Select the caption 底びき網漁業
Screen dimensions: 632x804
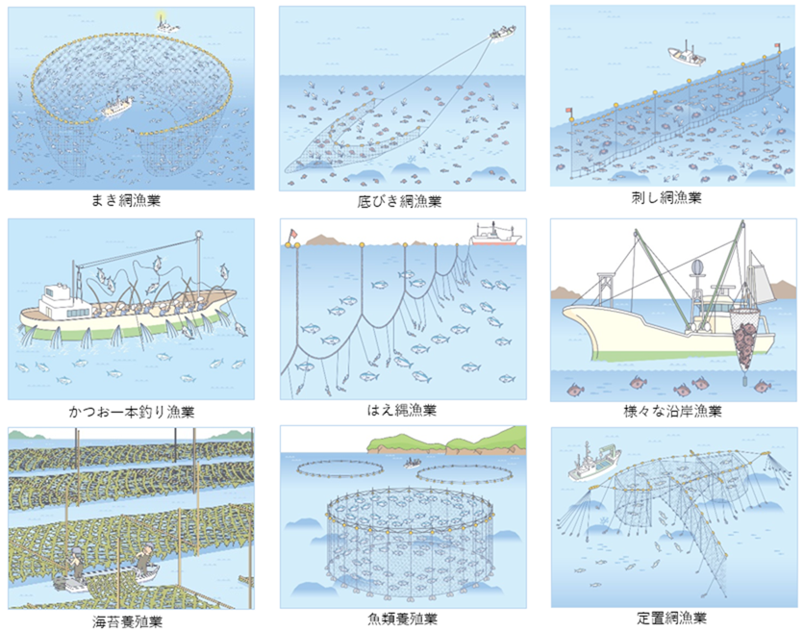click(x=398, y=202)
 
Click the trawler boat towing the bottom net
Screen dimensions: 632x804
click(x=502, y=34)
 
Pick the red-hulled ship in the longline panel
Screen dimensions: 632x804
click(x=496, y=236)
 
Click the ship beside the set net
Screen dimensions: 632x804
click(x=588, y=465)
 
